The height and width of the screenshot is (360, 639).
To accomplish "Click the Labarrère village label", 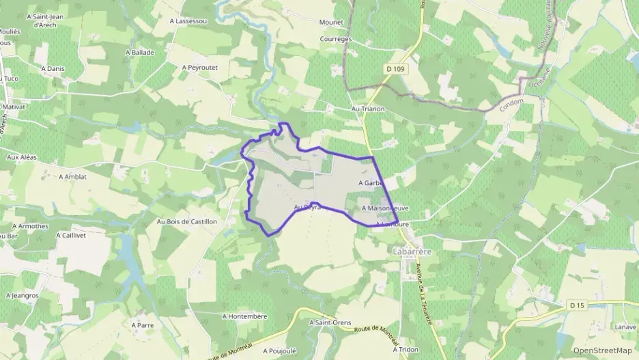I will click(412, 251).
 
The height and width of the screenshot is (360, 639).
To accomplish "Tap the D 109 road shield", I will click(395, 68).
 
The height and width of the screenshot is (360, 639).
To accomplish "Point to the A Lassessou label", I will click(188, 21).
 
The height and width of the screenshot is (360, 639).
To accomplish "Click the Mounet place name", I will click(331, 23).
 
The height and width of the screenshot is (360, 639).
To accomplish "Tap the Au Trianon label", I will click(368, 109).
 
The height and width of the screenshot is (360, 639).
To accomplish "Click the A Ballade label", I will click(140, 52).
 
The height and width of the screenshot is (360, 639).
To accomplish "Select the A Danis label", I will click(53, 68).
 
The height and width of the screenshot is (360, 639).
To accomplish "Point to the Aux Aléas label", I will click(21, 157).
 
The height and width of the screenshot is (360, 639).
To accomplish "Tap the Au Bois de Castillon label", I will click(187, 221).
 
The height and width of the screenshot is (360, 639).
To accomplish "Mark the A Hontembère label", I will click(244, 316).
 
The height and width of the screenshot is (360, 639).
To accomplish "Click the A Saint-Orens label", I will click(329, 322).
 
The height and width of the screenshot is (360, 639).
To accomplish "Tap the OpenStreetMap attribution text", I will click(603, 350).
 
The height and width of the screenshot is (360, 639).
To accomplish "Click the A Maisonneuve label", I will click(386, 208).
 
